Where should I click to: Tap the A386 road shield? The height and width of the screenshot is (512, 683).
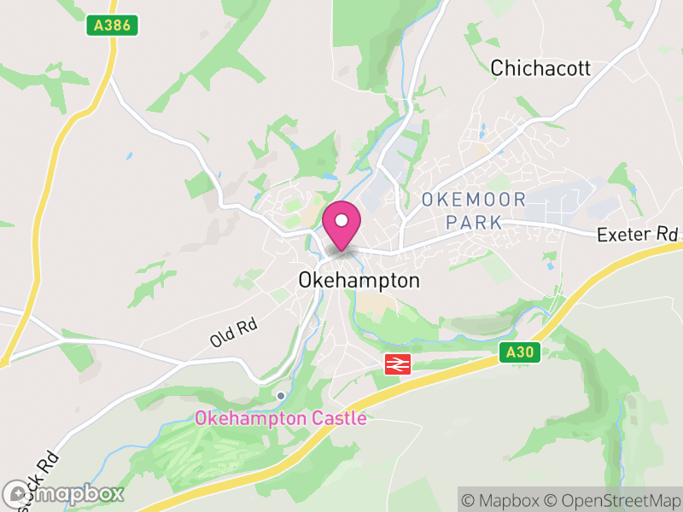pyautogui.click(x=113, y=26)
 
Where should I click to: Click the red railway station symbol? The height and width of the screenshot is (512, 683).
pyautogui.click(x=398, y=364)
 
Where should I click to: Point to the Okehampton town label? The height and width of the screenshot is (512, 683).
pyautogui.click(x=359, y=281)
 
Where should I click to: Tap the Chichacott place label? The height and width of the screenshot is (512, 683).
pyautogui.click(x=540, y=69)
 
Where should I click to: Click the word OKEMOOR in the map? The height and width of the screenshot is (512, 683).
pyautogui.click(x=474, y=201)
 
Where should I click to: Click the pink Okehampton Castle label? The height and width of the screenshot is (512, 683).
pyautogui.click(x=280, y=419)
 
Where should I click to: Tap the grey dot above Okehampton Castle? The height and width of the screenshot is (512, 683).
pyautogui.click(x=280, y=395)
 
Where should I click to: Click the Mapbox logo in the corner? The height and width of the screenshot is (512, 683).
pyautogui.click(x=63, y=493)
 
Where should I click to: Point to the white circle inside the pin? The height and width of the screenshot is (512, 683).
pyautogui.click(x=341, y=220)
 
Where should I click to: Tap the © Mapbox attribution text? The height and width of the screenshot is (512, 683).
pyautogui.click(x=505, y=500)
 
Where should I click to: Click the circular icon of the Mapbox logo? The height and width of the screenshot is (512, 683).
pyautogui.click(x=16, y=493)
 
